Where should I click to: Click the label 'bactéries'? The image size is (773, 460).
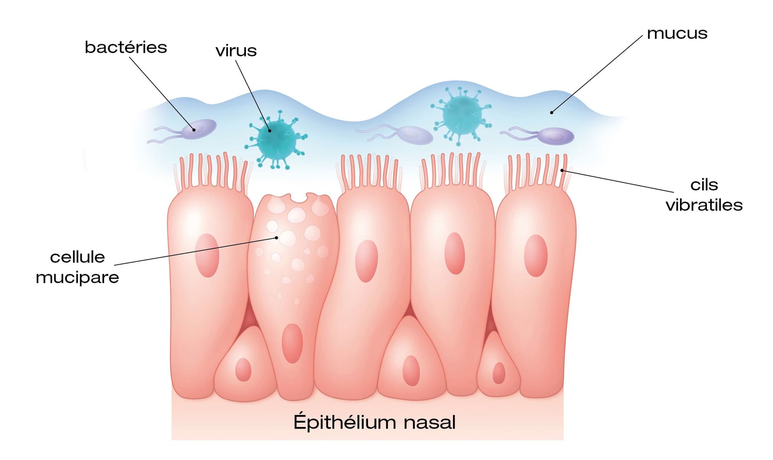tap(126, 48)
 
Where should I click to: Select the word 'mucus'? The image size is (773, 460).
tap(677, 33)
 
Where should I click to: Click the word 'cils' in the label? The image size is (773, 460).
tap(704, 185)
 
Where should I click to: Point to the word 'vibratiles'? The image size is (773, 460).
tap(704, 205)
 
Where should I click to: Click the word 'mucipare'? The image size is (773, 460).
tap(77, 278)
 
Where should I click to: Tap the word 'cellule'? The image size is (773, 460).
tap(77, 257)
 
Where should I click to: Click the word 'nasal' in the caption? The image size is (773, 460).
tap(429, 423)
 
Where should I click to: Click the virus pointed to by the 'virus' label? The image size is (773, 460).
tap(277, 139)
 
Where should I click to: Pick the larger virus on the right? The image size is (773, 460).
tap(462, 115)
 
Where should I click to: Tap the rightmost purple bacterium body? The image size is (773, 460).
tap(556, 136)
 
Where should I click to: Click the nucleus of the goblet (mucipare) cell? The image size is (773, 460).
tap(292, 343)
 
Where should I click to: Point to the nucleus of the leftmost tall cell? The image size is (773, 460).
tap(207, 255)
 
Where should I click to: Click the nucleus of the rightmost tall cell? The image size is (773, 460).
tap(535, 255)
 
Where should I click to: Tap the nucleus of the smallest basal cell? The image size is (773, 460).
tap(499, 373)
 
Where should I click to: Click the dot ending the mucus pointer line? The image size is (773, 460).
tap(552, 112)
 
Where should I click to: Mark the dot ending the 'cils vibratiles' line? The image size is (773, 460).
tap(562, 170)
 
